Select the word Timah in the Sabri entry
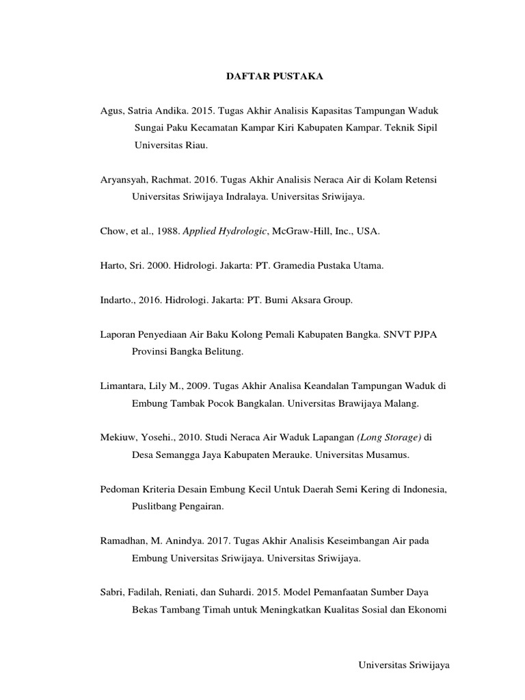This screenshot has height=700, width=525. pyautogui.click(x=217, y=610)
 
